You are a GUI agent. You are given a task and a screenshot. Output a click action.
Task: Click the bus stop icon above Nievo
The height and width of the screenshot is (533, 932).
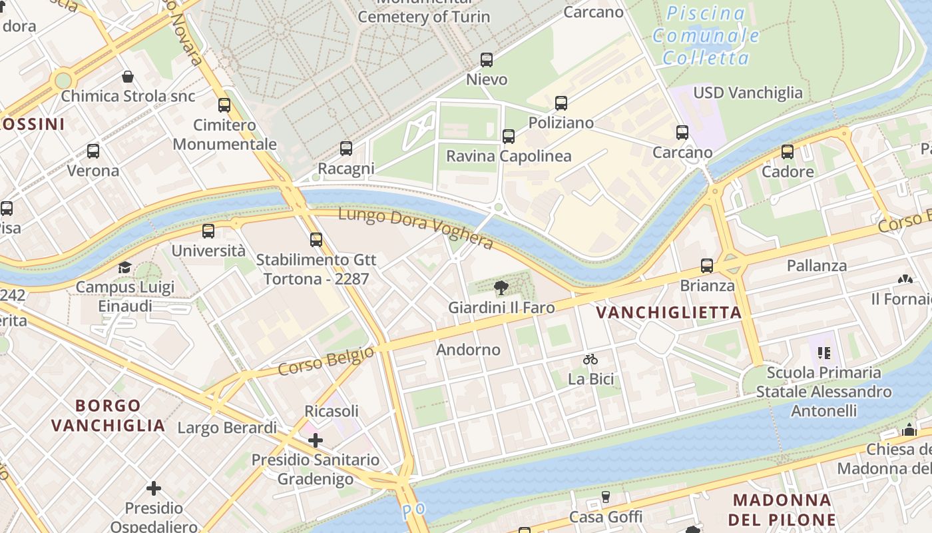(487, 60)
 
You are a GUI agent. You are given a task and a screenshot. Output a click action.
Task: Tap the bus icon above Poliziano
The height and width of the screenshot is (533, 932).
(561, 103)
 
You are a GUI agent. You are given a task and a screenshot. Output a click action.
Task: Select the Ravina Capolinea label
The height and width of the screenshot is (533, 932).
(509, 156)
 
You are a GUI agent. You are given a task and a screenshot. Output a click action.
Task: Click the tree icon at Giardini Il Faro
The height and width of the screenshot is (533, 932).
(501, 288)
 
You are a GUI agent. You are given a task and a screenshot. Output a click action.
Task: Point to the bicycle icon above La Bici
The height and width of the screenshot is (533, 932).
(590, 359)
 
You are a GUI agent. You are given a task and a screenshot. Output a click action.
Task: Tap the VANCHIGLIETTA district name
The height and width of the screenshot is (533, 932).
(668, 312)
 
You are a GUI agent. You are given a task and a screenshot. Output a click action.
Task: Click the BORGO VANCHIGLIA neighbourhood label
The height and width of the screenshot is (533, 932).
(108, 415)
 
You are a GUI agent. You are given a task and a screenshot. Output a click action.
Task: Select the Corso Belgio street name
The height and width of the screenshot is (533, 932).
(326, 360)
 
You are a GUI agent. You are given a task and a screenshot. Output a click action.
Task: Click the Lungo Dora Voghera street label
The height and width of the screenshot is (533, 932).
(416, 229)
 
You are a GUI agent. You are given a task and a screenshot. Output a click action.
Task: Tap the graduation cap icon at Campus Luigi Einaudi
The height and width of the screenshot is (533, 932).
(124, 267)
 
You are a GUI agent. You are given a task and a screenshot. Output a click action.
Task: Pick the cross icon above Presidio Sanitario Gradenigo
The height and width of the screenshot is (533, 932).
(316, 440)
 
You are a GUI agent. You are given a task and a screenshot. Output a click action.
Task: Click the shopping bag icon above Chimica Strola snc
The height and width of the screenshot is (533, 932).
(128, 77)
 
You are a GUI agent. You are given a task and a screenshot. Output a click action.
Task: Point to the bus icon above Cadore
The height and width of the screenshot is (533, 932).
(788, 152)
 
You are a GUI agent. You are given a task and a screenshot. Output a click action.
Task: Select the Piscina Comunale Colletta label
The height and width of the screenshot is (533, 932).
(706, 35)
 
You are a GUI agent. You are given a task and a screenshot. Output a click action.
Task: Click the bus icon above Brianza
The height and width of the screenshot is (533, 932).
(707, 266)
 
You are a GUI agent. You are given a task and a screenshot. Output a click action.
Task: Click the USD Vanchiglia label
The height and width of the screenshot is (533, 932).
(748, 93)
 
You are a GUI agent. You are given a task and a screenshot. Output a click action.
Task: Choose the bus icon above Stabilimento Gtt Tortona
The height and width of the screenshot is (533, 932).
(316, 239)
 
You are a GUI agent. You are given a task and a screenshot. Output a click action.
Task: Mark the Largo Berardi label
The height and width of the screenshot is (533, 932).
(227, 428)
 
